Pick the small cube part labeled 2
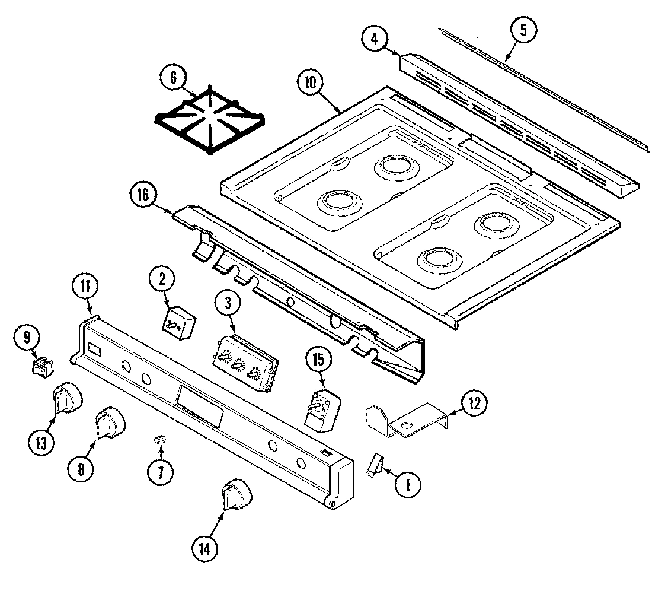coord(180,323)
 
